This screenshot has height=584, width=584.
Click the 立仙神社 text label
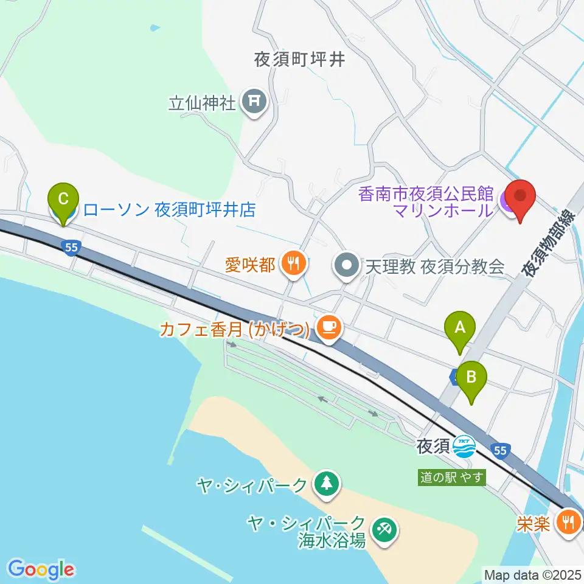202,102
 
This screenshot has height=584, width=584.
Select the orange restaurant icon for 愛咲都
294,264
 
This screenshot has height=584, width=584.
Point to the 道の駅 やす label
453,478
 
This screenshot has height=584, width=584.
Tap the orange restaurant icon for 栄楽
569,522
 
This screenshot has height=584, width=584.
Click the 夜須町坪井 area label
299,59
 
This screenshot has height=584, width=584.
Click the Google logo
41,569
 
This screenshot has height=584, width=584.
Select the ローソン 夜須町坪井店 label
169,210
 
